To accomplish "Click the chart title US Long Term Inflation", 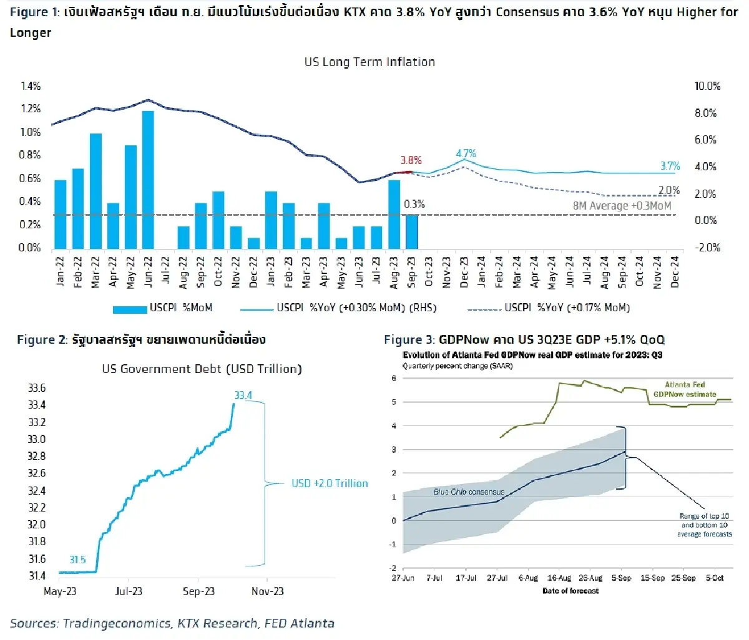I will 370,62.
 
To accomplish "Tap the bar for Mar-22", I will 95,191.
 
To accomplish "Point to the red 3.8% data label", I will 411,160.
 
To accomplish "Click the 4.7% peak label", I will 466,153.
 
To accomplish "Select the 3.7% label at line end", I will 670,166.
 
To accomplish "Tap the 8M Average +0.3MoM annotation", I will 622,205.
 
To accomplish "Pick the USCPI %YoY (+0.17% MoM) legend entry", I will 549,308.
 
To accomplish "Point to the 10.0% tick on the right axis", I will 707,86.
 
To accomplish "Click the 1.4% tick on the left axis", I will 31,86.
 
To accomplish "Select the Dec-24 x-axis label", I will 675,272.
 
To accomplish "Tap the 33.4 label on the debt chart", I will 243,395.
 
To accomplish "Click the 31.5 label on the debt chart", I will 77,560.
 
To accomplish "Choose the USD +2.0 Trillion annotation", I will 330,483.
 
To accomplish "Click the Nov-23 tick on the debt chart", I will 267,591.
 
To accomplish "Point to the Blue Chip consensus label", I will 469,492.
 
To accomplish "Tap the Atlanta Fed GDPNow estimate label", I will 685,389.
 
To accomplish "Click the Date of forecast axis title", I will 570,591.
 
